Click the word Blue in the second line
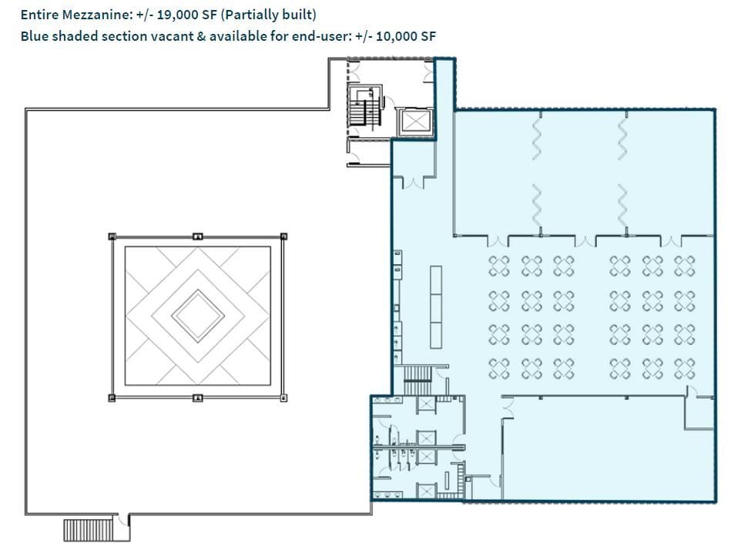(34, 36)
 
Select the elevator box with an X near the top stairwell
(414, 122)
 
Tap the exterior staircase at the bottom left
(88, 530)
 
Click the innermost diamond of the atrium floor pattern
(198, 316)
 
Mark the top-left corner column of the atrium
(112, 236)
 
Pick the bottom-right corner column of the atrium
(283, 397)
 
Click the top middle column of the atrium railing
(198, 236)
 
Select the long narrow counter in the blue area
(436, 306)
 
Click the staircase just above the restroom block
(418, 374)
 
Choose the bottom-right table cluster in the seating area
(684, 368)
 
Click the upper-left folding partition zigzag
(538, 139)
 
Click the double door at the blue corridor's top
(414, 183)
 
